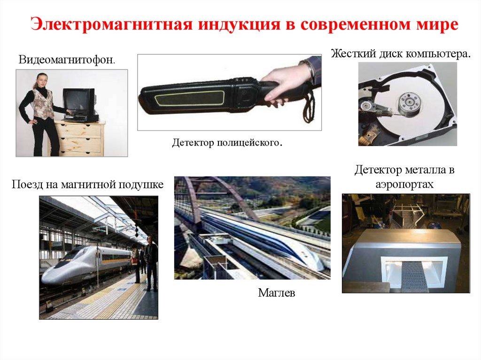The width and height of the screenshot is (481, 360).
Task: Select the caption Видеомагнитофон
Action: pyautogui.click(x=67, y=60)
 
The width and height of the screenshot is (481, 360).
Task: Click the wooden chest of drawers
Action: pyautogui.click(x=78, y=138)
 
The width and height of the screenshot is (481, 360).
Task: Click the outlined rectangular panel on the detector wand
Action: pyautogui.click(x=190, y=99)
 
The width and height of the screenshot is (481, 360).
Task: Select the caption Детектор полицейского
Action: pyautogui.click(x=227, y=143)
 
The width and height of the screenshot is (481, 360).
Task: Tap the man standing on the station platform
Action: pyautogui.click(x=151, y=263)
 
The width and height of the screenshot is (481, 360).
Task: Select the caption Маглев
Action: pyautogui.click(x=276, y=293)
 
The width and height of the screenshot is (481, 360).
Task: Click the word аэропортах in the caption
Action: pyautogui.click(x=404, y=184)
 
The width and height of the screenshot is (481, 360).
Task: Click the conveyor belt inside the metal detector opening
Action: pyautogui.click(x=414, y=277)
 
